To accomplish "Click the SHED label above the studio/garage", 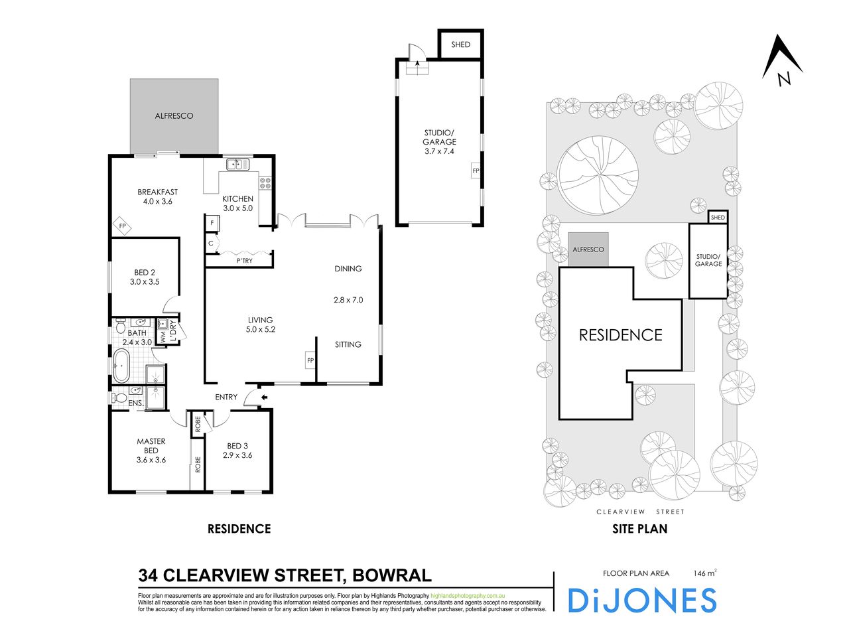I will click(460, 44).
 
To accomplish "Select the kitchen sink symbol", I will click(236, 163).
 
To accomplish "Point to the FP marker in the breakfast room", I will click(123, 226).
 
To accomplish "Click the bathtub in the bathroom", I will click(121, 366).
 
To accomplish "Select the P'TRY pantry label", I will click(244, 261).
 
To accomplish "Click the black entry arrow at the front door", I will click(264, 397).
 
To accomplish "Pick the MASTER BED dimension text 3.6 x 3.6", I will click(151, 460).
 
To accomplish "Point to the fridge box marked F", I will click(212, 223).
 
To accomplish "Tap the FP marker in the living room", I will click(310, 361).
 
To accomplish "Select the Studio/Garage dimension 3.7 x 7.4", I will click(440, 151).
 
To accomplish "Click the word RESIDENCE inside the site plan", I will click(621, 335).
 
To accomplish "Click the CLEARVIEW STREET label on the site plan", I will click(640, 512).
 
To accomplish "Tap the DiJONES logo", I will click(641, 601).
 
